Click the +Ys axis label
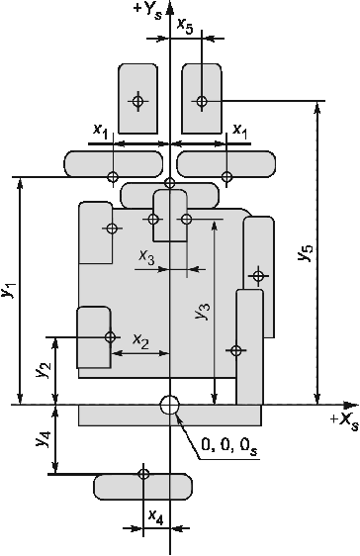click(149, 11)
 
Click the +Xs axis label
click(344, 422)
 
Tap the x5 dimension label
click(185, 26)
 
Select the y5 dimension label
click(306, 252)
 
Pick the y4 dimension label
click(45, 437)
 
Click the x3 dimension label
click(146, 257)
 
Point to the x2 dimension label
click(140, 341)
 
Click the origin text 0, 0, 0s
click(229, 446)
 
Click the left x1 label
click(100, 131)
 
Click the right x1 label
click(240, 131)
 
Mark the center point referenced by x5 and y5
click(202, 101)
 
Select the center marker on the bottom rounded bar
click(143, 473)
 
